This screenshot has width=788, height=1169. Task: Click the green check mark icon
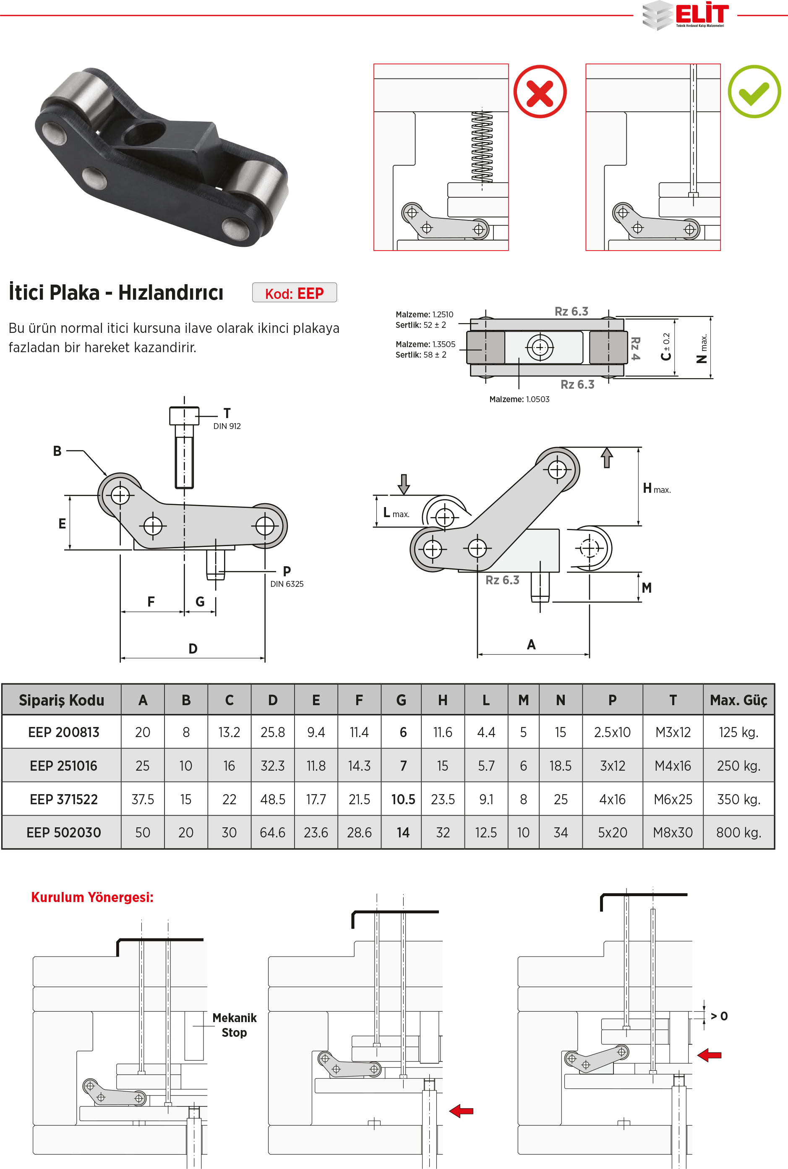[x=754, y=92]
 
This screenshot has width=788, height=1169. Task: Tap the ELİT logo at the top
[x=686, y=15]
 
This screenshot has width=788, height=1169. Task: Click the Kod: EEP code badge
[x=295, y=293]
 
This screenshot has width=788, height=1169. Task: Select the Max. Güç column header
[x=738, y=700]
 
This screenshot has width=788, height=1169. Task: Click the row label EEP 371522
[x=63, y=799]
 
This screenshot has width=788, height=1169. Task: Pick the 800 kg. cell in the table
[x=738, y=833]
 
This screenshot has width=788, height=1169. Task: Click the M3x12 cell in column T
[x=673, y=732]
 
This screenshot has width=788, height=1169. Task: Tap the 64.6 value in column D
[x=272, y=833]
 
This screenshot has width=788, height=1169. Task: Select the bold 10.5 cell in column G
[x=403, y=799]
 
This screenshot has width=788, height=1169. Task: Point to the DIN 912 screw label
[x=227, y=426]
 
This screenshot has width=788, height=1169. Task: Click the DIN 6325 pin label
[x=287, y=584]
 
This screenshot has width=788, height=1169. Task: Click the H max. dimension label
[x=656, y=489]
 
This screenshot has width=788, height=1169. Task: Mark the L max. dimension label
[x=396, y=513]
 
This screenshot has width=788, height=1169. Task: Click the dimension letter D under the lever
[x=193, y=649]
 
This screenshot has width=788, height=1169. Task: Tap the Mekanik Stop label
[x=234, y=1025]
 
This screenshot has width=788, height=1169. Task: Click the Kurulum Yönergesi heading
[x=92, y=897]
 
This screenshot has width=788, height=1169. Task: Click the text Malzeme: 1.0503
[x=519, y=399]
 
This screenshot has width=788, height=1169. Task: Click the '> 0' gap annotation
[x=719, y=1016]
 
